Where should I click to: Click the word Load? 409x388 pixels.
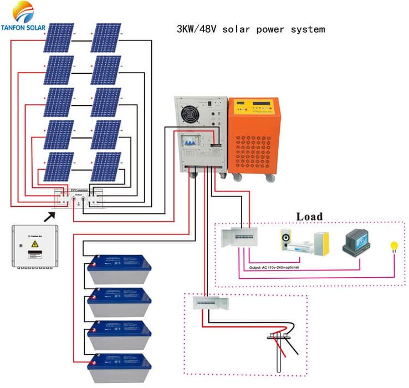click(x=309, y=216)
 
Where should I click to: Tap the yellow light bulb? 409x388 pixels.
click(x=395, y=246)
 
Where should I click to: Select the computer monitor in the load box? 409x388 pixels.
click(x=356, y=242)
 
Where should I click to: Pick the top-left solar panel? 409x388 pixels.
click(x=59, y=38)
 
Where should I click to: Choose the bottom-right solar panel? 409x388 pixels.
click(x=106, y=167)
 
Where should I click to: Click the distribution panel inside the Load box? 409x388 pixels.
click(x=238, y=238)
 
